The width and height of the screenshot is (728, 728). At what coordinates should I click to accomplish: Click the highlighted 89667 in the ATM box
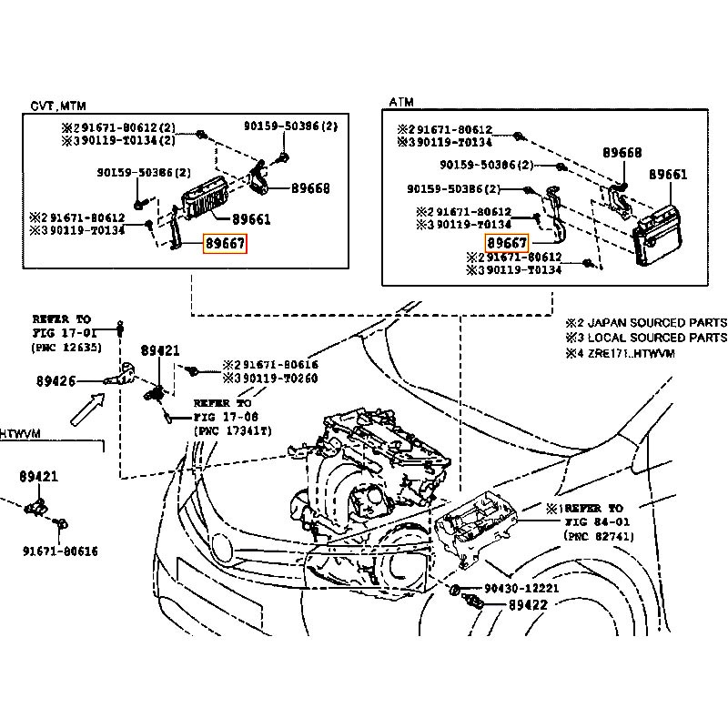[507, 243]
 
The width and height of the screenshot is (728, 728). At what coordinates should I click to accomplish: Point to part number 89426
[83, 380]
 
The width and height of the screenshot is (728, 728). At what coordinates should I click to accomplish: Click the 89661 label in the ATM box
[668, 174]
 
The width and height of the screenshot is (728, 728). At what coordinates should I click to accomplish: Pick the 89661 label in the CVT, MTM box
[251, 219]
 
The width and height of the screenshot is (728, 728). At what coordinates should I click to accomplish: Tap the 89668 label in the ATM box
[622, 153]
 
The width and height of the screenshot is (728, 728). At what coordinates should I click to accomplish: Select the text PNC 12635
[66, 348]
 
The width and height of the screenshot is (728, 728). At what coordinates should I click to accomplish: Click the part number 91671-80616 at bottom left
[61, 551]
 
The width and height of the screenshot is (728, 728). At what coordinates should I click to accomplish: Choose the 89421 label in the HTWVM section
[39, 476]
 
